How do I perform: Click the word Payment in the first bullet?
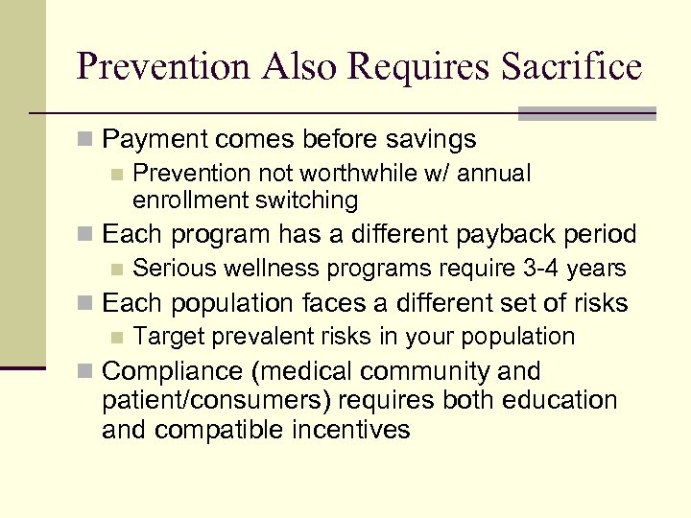coord(151,140)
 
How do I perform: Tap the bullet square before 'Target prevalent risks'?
coord(117,338)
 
